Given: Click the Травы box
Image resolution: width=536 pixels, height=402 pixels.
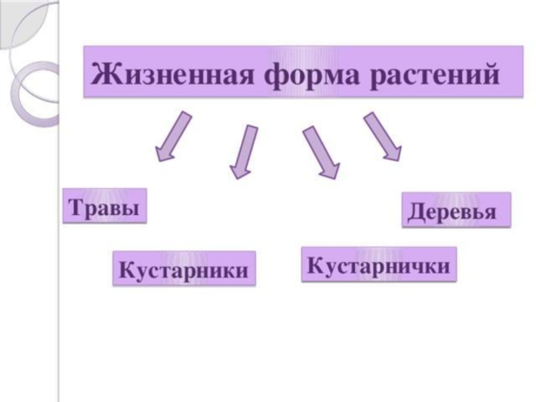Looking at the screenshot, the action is pos(104,206).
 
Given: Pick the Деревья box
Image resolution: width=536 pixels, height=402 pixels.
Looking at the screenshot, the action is pos(456,210).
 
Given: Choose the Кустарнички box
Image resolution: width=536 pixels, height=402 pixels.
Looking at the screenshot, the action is pos(379,264).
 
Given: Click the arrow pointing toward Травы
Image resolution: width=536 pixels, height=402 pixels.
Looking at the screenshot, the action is pos(172,137).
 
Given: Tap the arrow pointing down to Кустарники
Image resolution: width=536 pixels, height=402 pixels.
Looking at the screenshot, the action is pos(243,151).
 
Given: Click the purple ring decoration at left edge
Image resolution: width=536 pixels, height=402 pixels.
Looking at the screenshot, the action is pos(33,94).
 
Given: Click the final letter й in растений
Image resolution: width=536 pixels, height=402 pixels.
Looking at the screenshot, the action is pos(490,71).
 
